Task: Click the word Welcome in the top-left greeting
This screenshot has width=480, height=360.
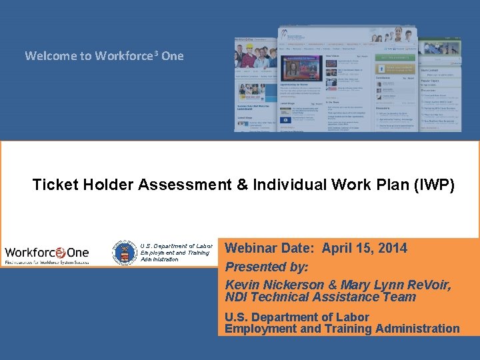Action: [50, 56]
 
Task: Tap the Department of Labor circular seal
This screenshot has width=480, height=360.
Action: [125, 253]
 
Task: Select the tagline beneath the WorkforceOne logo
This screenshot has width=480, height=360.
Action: [47, 263]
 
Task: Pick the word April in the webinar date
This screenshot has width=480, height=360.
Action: [337, 248]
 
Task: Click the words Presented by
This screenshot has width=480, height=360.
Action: [267, 267]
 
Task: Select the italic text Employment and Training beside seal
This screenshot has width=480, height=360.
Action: [175, 253]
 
